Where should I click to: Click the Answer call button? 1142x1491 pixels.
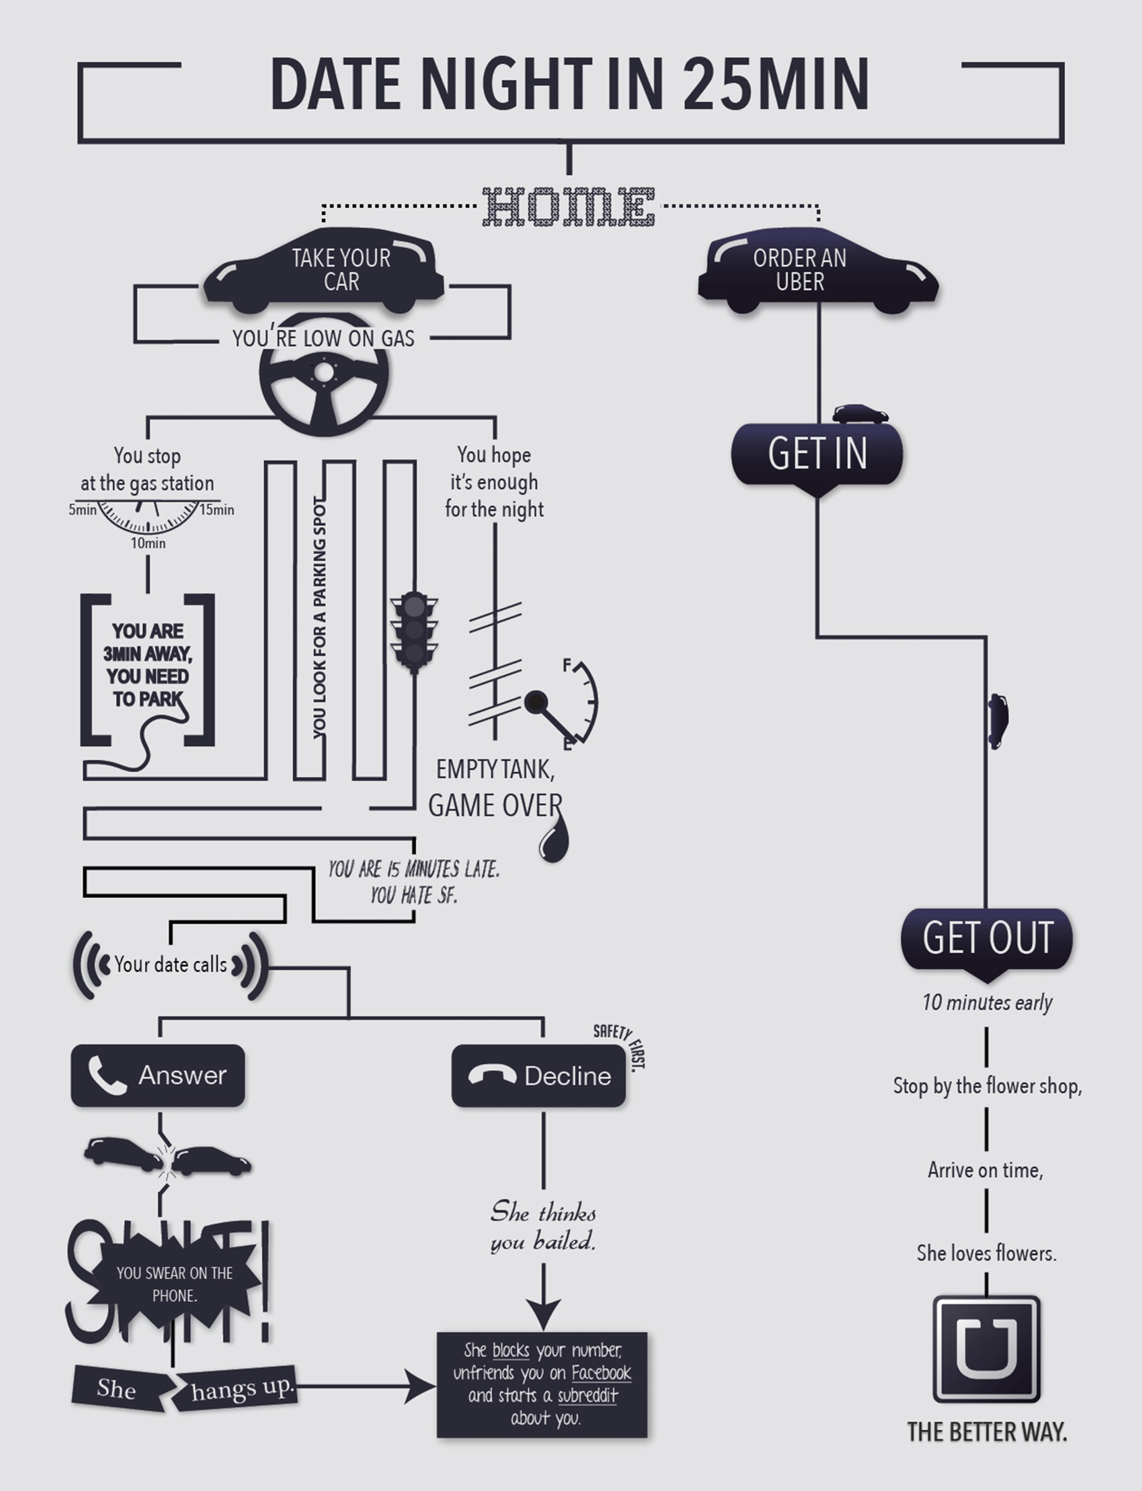coord(158,1075)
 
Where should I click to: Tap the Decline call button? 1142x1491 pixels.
coord(538,1075)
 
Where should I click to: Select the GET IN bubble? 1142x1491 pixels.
coord(817,454)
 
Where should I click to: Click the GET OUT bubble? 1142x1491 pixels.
coord(986,938)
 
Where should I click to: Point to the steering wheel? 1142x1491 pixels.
coord(324,375)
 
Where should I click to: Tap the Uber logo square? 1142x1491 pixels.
coord(986,1349)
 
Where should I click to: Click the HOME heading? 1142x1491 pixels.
coord(569,207)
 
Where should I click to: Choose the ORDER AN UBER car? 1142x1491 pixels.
coord(818,271)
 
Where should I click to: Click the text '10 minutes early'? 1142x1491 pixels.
coord(987,1003)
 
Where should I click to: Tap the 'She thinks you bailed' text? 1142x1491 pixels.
coord(543,1226)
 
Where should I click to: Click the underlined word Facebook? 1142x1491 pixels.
coord(601,1373)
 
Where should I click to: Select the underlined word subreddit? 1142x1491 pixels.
coord(587,1395)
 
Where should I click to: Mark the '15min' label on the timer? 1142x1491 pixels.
coord(217,510)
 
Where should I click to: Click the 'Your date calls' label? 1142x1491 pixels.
coord(171,965)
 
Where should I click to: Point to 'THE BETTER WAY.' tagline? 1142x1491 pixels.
coord(987,1432)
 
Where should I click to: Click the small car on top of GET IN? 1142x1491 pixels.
coord(861,413)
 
